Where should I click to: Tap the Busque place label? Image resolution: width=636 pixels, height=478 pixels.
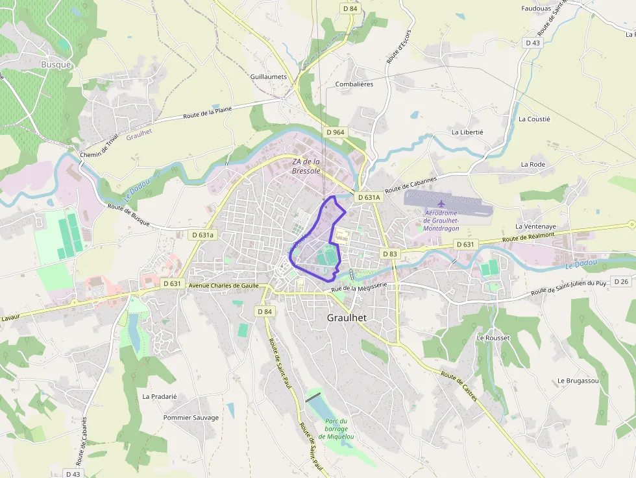pos(56,64)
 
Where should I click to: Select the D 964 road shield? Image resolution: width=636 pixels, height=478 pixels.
pos(336,132)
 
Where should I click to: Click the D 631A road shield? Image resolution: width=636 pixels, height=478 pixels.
pos(368,197)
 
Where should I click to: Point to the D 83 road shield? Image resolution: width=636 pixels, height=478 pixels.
pos(389,254)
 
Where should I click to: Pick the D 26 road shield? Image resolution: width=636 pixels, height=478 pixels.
pos(621,281)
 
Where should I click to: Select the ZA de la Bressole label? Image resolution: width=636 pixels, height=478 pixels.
pos(306,166)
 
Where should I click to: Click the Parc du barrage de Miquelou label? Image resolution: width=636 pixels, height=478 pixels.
pos(337,429)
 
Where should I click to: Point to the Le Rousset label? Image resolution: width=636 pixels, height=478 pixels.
pos(493,338)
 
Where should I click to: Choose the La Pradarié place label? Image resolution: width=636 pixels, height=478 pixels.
pos(160,396)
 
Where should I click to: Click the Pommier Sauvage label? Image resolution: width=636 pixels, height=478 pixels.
pos(191,418)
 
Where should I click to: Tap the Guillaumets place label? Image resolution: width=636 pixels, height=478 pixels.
pos(269,77)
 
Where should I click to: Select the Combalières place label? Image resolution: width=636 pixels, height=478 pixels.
pos(354,84)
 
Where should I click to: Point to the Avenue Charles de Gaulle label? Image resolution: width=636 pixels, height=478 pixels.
pos(223,285)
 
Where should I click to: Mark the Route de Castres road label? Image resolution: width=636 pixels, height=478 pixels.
pos(459,387)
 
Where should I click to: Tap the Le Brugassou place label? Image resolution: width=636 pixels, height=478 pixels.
pos(578,381)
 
